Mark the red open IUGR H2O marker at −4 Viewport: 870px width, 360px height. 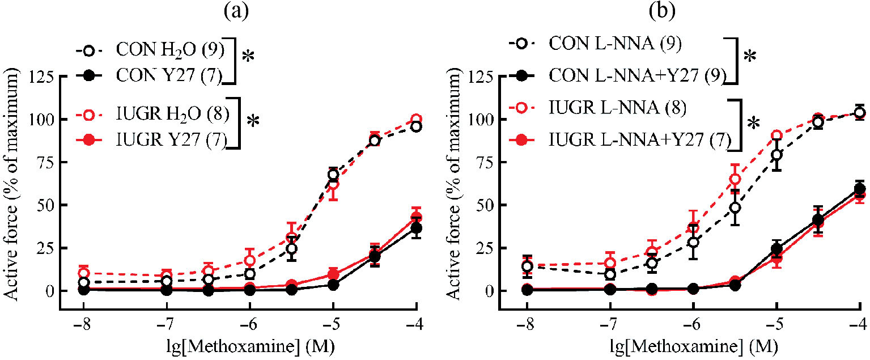417,120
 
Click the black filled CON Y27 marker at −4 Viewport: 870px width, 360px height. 417,228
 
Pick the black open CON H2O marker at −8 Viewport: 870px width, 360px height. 83,282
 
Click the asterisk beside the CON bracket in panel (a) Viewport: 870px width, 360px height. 249,57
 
